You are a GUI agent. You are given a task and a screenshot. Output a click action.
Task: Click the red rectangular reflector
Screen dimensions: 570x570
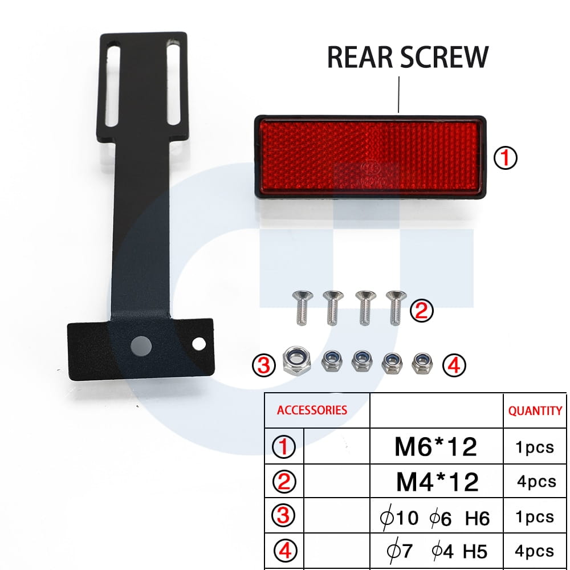[x=370, y=157]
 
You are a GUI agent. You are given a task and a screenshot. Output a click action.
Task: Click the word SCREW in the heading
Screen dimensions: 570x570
[x=444, y=57]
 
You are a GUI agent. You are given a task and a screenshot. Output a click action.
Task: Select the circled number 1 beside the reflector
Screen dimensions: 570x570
[x=505, y=157]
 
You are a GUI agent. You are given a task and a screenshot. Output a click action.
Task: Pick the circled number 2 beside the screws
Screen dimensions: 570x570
[x=422, y=311]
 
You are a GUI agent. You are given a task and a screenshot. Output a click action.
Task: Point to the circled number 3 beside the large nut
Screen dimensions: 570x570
[x=264, y=365]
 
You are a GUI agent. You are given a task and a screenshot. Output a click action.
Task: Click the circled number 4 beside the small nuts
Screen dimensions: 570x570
[x=454, y=365]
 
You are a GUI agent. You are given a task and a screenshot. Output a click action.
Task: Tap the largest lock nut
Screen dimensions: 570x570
[x=296, y=361]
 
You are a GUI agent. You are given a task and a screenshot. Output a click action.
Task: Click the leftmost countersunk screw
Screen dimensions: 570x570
[x=302, y=308]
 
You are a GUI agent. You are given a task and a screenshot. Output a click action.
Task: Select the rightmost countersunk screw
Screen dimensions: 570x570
[x=396, y=308]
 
